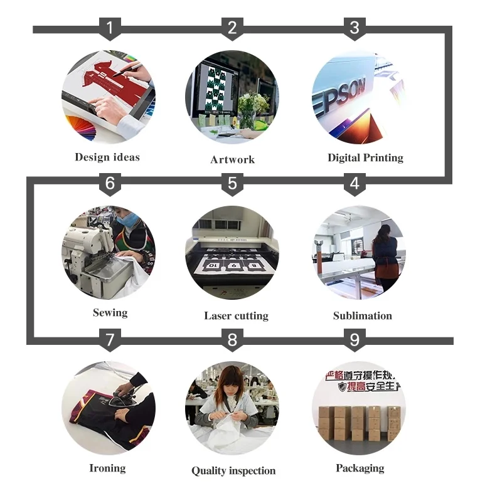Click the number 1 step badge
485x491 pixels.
pos(110,28)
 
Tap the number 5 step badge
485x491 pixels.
pos(232,184)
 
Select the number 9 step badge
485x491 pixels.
pos(354,341)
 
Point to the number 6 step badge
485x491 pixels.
pos(110,184)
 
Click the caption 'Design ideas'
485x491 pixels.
pos(107,157)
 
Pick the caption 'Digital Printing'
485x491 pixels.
pos(365,157)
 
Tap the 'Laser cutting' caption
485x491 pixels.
pos(236,315)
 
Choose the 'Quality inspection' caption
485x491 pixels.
pos(233,470)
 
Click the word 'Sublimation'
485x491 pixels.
pos(362,315)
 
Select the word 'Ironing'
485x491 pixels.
pos(107,468)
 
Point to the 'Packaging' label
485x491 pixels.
pos(360,468)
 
